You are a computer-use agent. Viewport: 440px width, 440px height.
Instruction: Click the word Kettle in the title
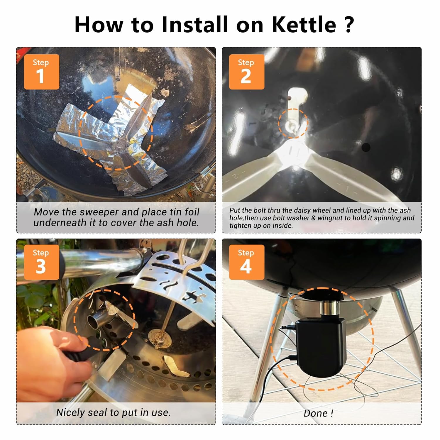(x=304, y=24)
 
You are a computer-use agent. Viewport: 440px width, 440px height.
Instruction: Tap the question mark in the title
(x=349, y=24)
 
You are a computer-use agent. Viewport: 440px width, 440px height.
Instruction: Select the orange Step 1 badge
(x=41, y=72)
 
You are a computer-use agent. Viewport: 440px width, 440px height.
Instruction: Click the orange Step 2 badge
(x=246, y=72)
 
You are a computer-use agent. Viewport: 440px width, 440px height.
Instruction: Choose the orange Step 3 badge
(x=41, y=262)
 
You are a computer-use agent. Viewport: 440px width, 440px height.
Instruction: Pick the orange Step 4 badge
(x=246, y=262)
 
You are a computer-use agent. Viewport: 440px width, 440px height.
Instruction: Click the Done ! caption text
(x=318, y=413)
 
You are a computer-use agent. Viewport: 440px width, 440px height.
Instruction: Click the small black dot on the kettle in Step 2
(x=366, y=147)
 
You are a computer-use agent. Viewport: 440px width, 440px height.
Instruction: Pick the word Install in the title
(x=195, y=24)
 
